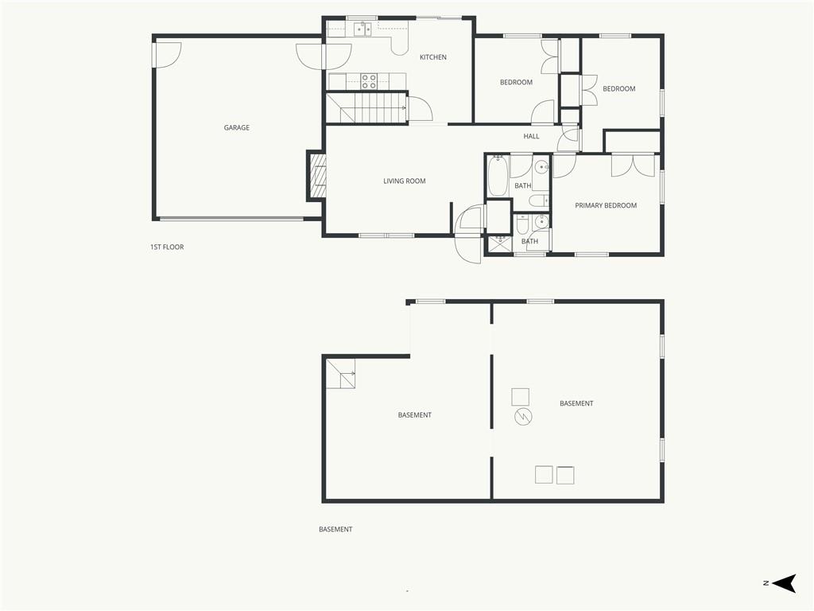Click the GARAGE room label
click(x=237, y=127)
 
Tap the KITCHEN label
click(x=433, y=57)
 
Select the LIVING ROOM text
click(x=405, y=181)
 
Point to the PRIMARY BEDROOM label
click(x=606, y=205)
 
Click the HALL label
click(x=531, y=136)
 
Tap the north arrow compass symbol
click(x=784, y=583)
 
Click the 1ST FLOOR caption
click(x=167, y=247)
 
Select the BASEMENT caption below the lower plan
click(x=335, y=529)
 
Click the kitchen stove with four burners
click(x=369, y=82)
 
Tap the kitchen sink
click(x=362, y=29)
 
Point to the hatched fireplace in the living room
click(x=318, y=177)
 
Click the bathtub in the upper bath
click(x=497, y=176)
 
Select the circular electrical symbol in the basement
click(x=523, y=416)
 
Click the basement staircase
click(x=340, y=374)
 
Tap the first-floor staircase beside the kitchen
click(x=366, y=108)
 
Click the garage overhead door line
click(x=231, y=219)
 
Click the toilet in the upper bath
click(x=537, y=200)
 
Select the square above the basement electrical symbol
click(x=520, y=396)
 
